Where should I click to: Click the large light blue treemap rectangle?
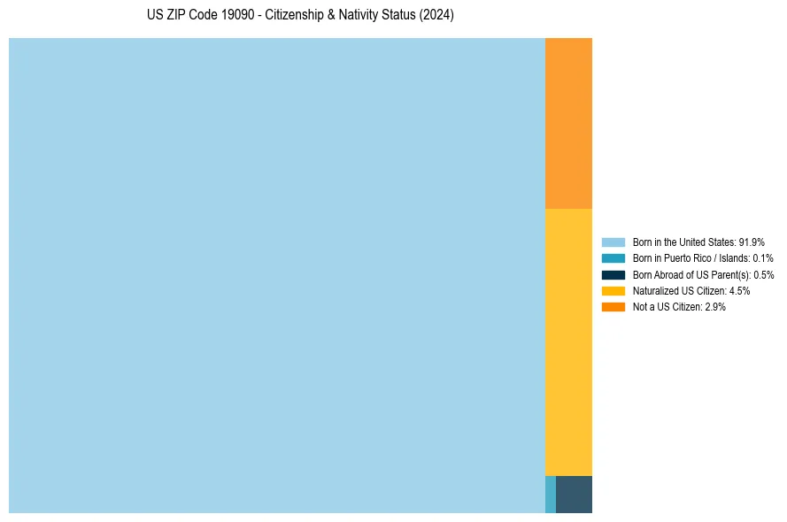click(x=277, y=275)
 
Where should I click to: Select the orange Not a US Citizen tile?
click(x=568, y=123)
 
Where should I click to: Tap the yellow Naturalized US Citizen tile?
click(x=568, y=342)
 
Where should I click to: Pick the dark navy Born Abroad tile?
click(x=574, y=494)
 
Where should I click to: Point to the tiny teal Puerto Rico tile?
click(x=551, y=494)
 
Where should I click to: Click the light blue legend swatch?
click(x=613, y=242)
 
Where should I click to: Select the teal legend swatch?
click(x=613, y=258)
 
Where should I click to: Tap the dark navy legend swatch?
click(x=613, y=274)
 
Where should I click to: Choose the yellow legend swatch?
click(x=613, y=290)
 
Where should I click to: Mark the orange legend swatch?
click(x=613, y=306)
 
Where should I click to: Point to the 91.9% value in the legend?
click(x=752, y=242)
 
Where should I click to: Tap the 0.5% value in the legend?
click(x=763, y=274)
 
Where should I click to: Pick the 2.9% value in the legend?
click(x=715, y=306)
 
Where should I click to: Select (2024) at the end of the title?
click(x=437, y=16)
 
